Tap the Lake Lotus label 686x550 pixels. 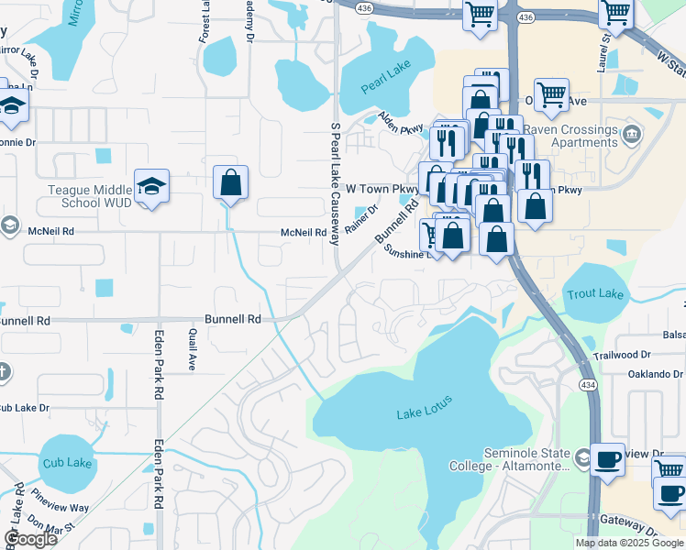click(x=425, y=412)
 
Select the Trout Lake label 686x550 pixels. click(x=595, y=293)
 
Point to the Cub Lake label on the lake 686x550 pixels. click(x=67, y=463)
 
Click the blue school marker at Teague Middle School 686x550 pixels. click(x=151, y=187)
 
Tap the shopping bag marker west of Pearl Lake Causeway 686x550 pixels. click(x=231, y=182)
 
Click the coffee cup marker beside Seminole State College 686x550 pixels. click(x=606, y=459)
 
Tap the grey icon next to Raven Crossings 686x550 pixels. click(x=632, y=136)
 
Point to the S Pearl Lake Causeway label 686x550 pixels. click(x=335, y=183)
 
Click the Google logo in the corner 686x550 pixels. click(x=30, y=539)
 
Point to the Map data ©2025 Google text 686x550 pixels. click(x=630, y=543)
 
